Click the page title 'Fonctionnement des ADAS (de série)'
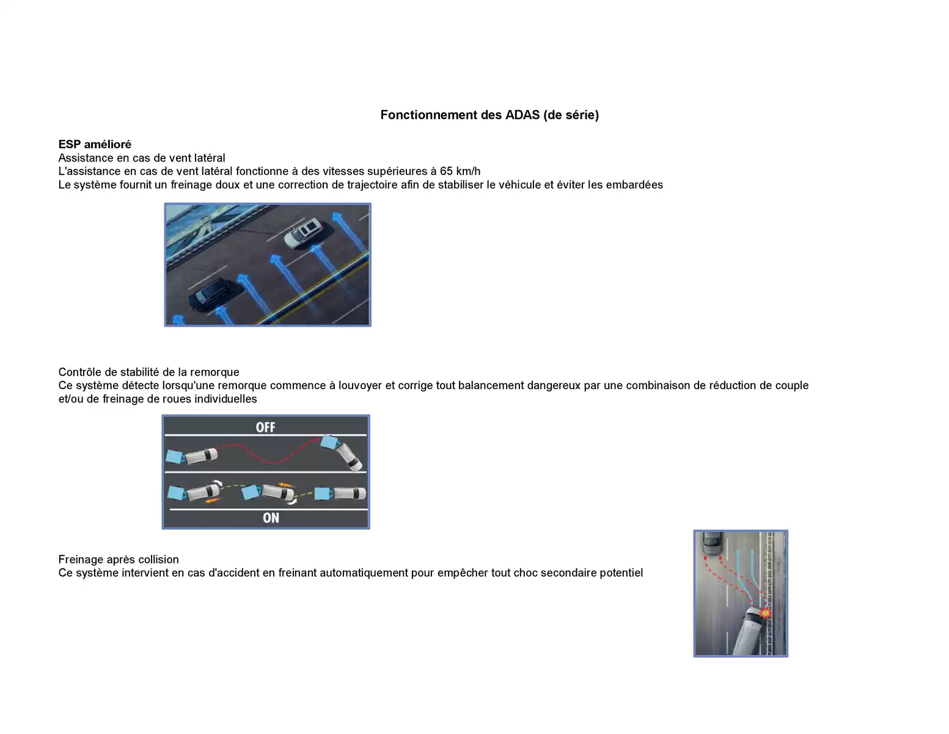[489, 115]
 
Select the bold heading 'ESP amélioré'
[95, 144]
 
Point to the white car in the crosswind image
[304, 232]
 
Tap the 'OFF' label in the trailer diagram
[265, 427]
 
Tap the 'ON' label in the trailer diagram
[271, 518]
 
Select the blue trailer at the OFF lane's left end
[174, 456]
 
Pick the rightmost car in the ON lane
[348, 493]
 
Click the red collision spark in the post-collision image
[764, 612]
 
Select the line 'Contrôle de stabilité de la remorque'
[148, 372]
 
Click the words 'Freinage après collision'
[119, 560]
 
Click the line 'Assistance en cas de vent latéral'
[141, 158]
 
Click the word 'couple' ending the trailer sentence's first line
[791, 385]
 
